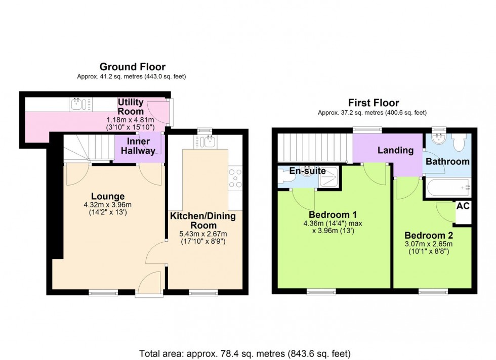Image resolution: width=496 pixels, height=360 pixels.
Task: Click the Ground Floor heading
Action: point(132,67)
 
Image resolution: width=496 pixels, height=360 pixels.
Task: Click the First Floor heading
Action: point(373,103)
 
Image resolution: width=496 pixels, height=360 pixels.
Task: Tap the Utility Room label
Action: point(131,106)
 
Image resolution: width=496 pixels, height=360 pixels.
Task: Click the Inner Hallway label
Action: point(138,146)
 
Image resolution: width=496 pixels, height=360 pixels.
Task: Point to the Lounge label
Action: point(108,196)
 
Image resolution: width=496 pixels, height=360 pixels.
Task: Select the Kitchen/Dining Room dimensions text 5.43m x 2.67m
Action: point(202,234)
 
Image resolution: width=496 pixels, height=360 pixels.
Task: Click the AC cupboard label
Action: point(463,206)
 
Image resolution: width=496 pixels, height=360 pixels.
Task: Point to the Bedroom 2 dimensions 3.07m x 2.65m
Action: point(428,244)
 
